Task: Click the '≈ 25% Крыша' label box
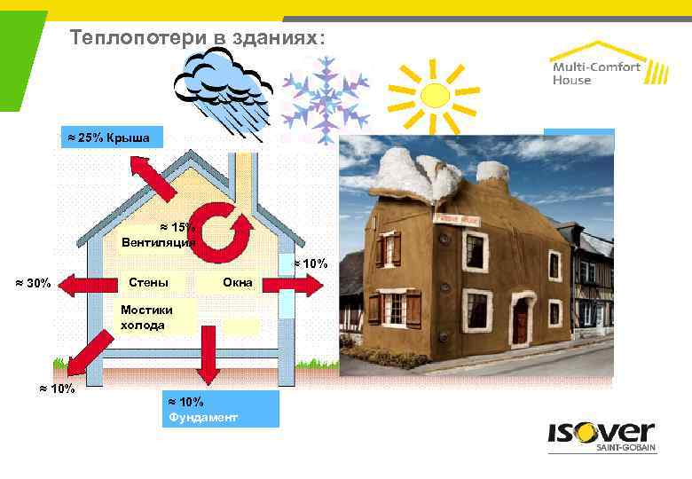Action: click(112, 137)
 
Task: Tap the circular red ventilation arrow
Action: click(224, 227)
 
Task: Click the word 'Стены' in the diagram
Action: click(148, 282)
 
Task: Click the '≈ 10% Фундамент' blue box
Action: click(221, 409)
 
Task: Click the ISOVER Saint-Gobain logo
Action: click(600, 439)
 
